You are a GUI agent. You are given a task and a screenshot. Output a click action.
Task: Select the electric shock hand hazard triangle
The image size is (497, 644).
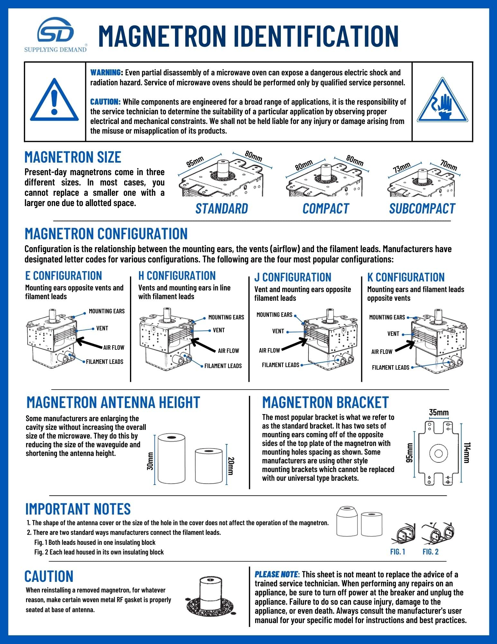tap(443, 101)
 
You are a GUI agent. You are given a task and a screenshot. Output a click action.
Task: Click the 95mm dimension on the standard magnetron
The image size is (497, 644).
tap(195, 161)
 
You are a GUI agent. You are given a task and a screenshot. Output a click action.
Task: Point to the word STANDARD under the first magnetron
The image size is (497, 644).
tap(222, 209)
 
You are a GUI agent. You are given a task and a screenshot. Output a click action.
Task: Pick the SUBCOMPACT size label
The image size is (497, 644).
tap(422, 209)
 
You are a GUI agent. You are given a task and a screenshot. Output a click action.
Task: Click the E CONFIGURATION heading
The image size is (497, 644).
tap(63, 276)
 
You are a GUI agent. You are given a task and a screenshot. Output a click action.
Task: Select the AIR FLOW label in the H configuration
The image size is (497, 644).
tap(228, 351)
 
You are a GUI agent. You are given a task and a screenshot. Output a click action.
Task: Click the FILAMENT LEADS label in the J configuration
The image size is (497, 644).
tap(281, 365)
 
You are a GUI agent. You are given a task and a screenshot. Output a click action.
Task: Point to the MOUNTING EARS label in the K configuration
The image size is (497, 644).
tap(387, 317)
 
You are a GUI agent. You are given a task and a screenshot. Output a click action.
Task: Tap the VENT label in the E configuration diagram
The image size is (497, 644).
tap(102, 328)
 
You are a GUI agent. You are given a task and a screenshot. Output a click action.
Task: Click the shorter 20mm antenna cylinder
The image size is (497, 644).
tap(209, 466)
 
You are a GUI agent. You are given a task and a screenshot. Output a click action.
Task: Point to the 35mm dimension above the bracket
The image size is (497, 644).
tap(438, 412)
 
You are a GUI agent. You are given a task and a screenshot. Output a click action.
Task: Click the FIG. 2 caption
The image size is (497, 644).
tap(430, 552)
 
